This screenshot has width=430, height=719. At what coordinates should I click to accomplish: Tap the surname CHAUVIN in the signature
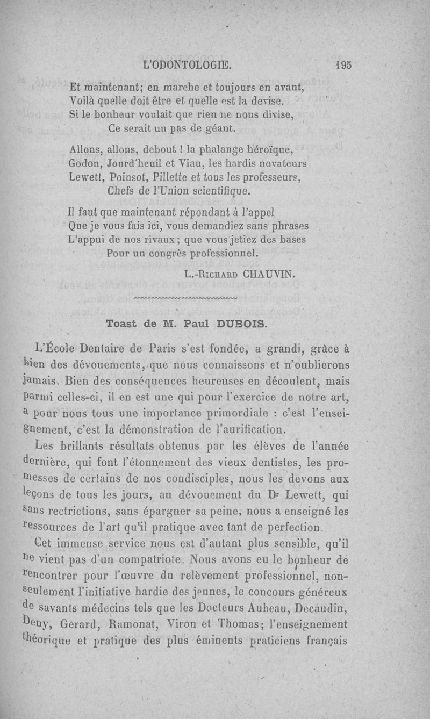click(x=270, y=274)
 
